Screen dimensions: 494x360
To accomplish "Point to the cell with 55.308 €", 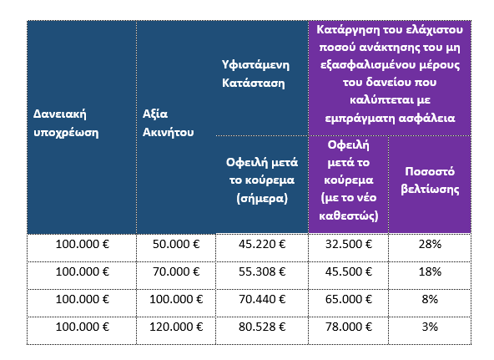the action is (x=262, y=272).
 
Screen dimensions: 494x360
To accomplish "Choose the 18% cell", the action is (x=430, y=272).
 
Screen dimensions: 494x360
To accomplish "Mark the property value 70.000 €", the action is (x=176, y=272).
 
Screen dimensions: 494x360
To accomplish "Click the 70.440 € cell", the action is (x=262, y=300).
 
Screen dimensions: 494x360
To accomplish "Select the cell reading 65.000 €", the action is (x=349, y=300).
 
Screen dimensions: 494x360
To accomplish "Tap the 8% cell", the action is (x=430, y=300).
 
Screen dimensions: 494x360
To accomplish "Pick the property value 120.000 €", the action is (x=176, y=327).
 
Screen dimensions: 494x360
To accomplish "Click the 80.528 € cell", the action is (x=262, y=327).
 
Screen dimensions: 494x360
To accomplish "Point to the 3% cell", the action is (x=430, y=327).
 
